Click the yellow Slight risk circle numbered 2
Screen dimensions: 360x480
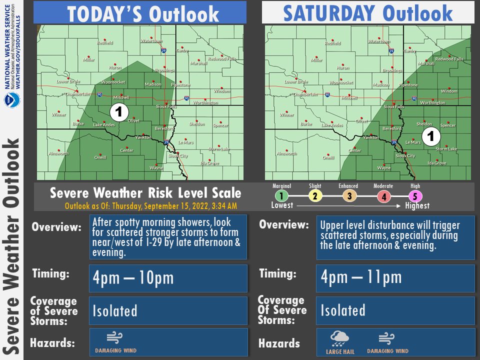pos(315,196)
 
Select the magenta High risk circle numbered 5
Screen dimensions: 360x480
pos(415,196)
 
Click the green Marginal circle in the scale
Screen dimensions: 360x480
pos(281,196)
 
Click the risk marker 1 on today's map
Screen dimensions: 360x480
pos(119,111)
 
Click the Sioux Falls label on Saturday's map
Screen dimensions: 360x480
pos(393,107)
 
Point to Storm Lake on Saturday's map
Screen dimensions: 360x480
pos(446,149)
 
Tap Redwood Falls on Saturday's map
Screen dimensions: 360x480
pos(449,59)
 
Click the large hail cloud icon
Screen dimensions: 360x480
pos(340,339)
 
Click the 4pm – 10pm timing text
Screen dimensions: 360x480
pos(133,278)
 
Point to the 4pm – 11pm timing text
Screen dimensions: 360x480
pos(361,277)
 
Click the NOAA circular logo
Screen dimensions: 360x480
pos(11,100)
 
